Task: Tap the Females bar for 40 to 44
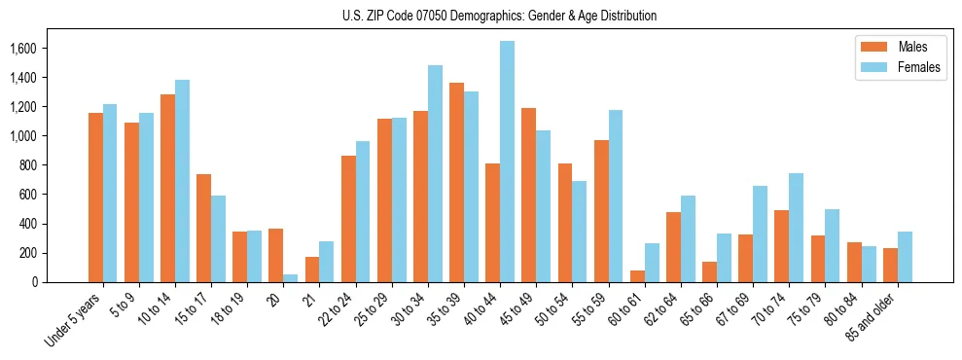[507, 162]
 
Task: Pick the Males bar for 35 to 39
[456, 183]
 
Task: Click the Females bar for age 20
[290, 278]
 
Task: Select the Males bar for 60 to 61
[637, 276]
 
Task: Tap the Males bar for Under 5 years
[95, 198]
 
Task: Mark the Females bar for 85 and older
[905, 257]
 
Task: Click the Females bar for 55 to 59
[616, 197]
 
